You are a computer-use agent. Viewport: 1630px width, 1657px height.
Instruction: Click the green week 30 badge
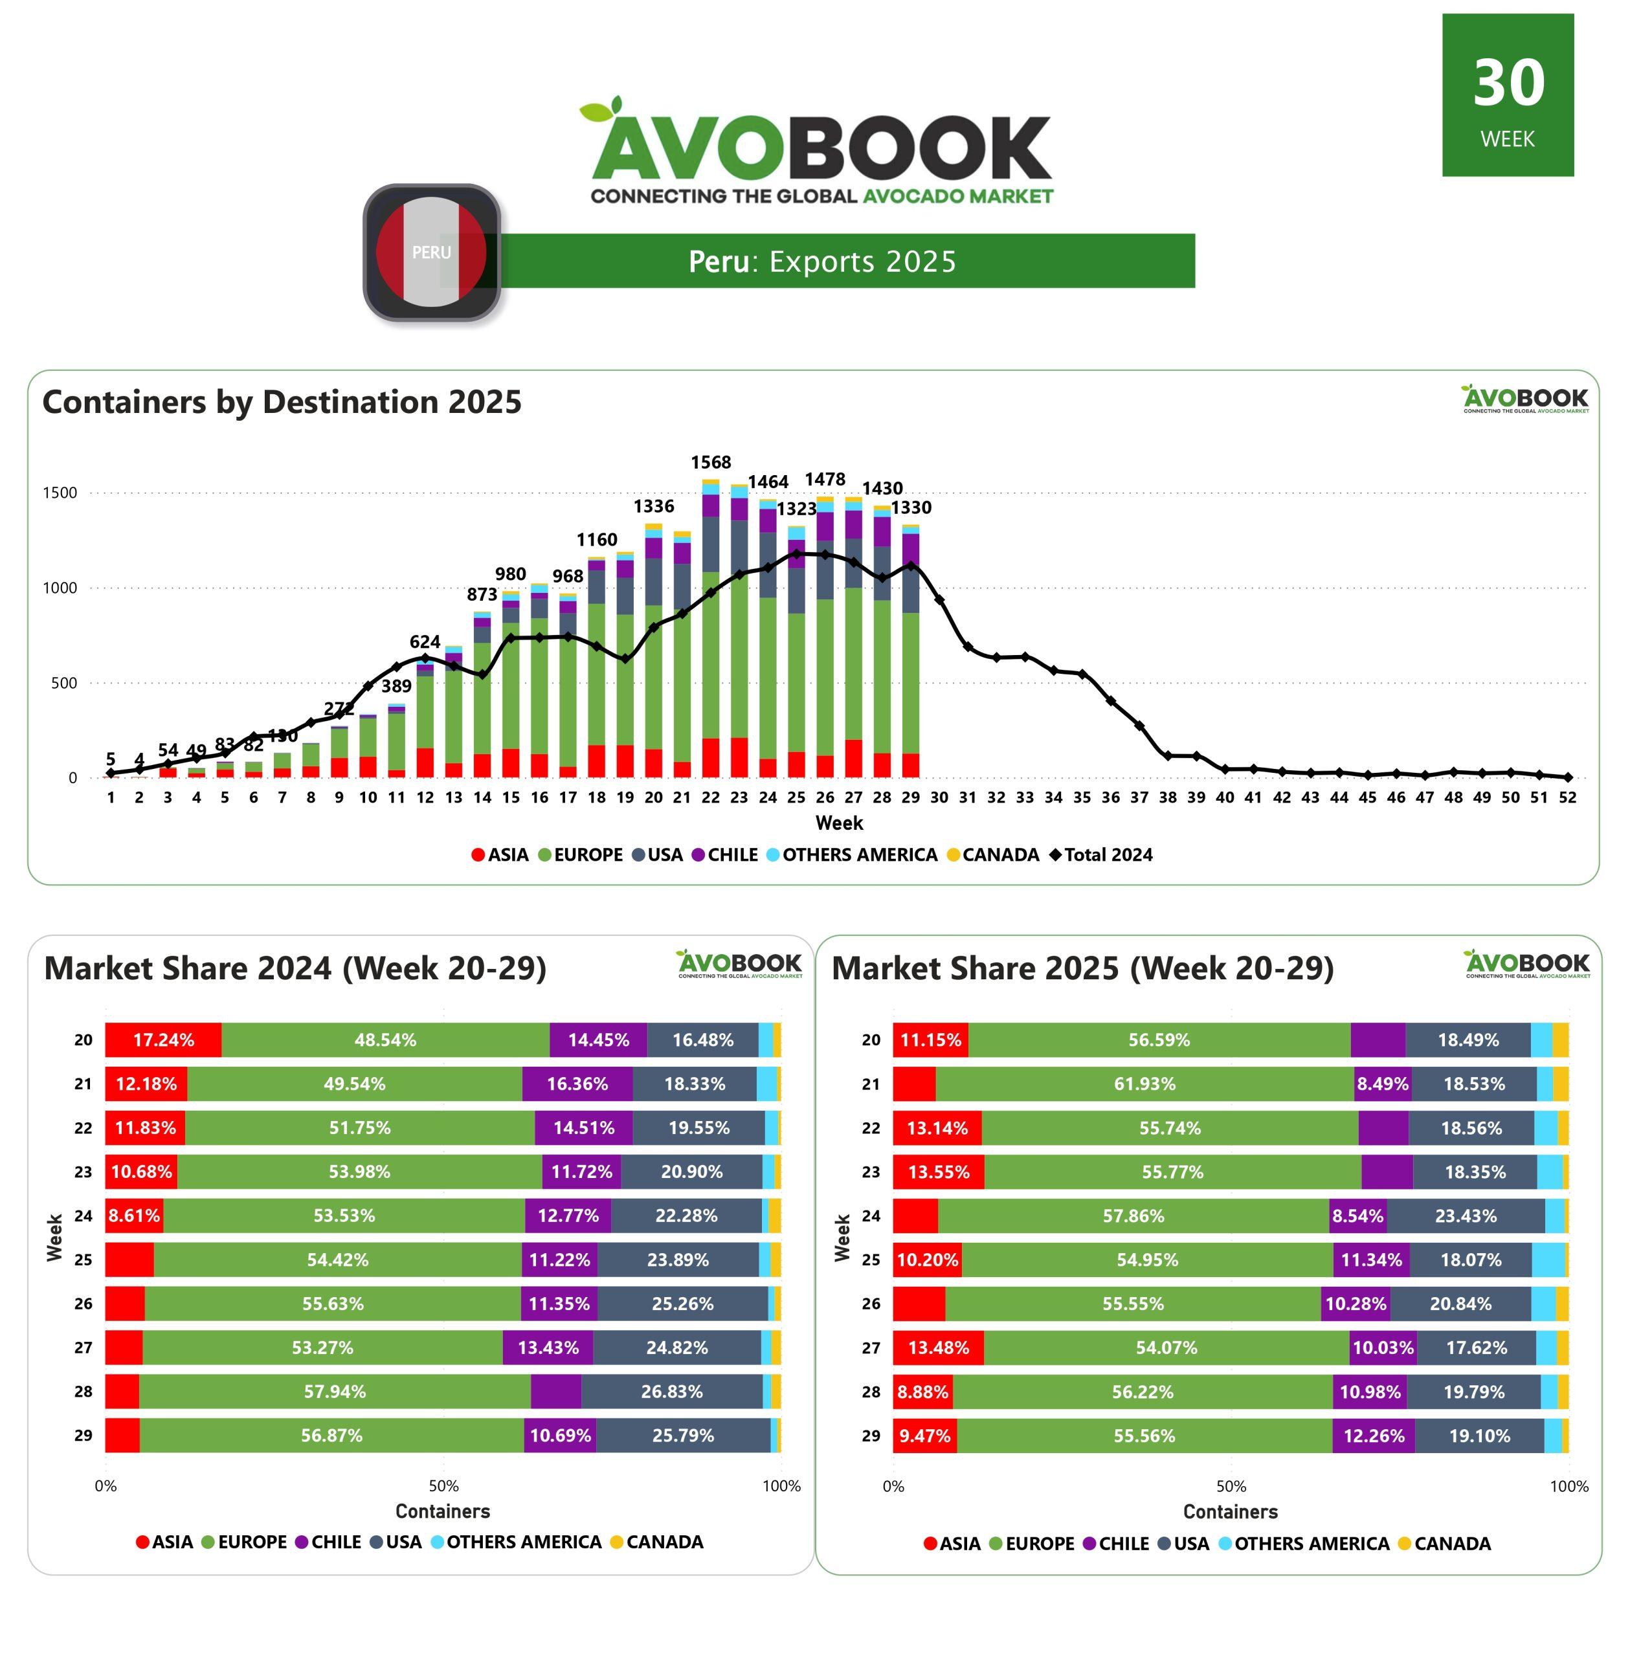pyautogui.click(x=1508, y=95)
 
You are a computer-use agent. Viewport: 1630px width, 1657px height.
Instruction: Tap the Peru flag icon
pyautogui.click(x=432, y=252)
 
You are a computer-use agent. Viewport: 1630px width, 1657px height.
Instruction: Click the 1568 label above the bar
pyautogui.click(x=711, y=462)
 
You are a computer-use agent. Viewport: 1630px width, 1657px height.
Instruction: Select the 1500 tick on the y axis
pyautogui.click(x=60, y=493)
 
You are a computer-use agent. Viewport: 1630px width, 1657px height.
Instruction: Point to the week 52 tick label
pyautogui.click(x=1567, y=797)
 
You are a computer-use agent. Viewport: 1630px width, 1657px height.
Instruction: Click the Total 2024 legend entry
pyautogui.click(x=1102, y=854)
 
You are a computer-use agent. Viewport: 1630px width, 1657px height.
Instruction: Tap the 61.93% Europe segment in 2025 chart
pyautogui.click(x=1144, y=1084)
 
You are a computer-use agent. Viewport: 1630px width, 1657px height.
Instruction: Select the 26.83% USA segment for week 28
pyautogui.click(x=672, y=1392)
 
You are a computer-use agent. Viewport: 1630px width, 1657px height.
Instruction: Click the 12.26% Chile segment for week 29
pyautogui.click(x=1373, y=1436)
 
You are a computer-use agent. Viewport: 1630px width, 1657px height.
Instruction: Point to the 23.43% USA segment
pyautogui.click(x=1466, y=1216)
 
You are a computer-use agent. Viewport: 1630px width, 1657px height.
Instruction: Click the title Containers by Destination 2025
pyautogui.click(x=282, y=402)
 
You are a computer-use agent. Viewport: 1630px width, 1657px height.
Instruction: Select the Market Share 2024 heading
pyautogui.click(x=295, y=968)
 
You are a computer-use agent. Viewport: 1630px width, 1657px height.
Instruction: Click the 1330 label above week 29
pyautogui.click(x=911, y=507)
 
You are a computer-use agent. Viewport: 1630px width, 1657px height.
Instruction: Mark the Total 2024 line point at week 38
pyautogui.click(x=1168, y=756)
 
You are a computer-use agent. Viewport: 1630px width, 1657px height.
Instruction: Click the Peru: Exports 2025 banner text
pyautogui.click(x=822, y=261)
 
